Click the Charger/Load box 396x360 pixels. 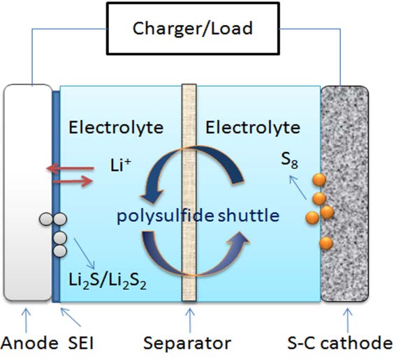[193, 29]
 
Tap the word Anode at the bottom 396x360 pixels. [29, 343]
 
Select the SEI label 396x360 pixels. [81, 343]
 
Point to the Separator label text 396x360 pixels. [187, 343]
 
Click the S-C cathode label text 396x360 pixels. [340, 343]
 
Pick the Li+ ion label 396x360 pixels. [121, 165]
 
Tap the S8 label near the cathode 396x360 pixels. [290, 160]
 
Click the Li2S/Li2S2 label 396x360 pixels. [108, 280]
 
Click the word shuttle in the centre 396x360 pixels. [249, 215]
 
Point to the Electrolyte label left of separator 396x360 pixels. [116, 128]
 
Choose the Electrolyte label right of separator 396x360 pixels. [253, 128]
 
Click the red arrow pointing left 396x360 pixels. [71, 168]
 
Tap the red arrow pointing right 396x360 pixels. [73, 181]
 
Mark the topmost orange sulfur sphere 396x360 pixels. [319, 180]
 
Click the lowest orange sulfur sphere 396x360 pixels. [326, 243]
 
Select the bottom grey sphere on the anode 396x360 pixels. [60, 251]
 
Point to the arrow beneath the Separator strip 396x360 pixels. [190, 320]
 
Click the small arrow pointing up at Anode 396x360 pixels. [26, 320]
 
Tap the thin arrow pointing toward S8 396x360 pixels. [298, 188]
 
